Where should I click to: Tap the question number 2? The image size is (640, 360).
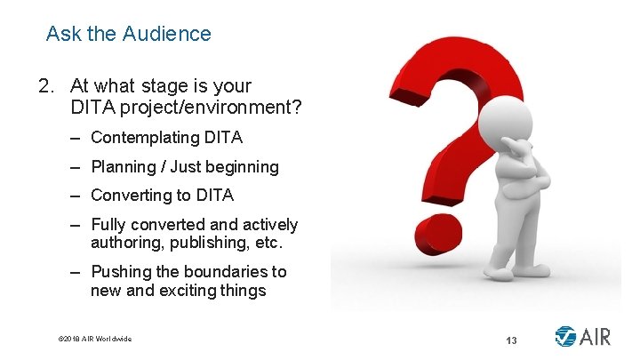tap(44, 86)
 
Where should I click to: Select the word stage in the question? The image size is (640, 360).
tap(156, 86)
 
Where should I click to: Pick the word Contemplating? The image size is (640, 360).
tap(145, 138)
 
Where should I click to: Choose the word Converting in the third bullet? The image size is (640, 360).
tap(129, 196)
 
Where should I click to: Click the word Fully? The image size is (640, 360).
tap(108, 225)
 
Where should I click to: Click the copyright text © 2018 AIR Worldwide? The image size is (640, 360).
tap(94, 339)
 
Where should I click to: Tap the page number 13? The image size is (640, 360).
tap(511, 340)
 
